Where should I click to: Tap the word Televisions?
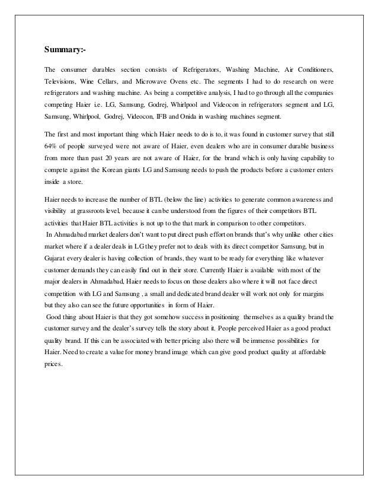tap(62, 81)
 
